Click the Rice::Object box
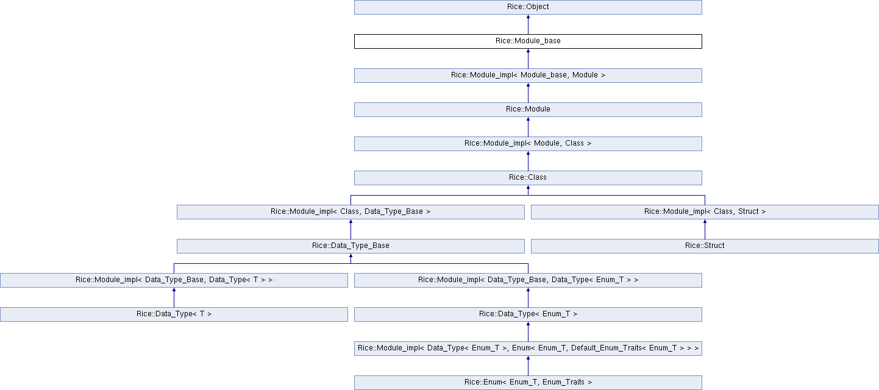(528, 7)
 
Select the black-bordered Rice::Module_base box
(528, 41)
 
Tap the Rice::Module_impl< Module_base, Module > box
(528, 76)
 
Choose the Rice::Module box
(528, 110)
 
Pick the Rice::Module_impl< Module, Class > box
(528, 144)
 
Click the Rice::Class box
(528, 178)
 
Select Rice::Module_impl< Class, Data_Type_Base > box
(351, 212)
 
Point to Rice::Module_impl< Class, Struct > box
(705, 212)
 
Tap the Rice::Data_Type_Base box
(351, 246)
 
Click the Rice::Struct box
(705, 246)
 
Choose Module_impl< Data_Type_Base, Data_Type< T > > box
(174, 280)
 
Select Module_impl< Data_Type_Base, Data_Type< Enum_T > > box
(528, 280)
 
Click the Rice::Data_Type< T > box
(174, 314)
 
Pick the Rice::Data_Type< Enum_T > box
(528, 314)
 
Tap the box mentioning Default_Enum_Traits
(528, 349)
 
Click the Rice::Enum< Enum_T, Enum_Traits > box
(528, 383)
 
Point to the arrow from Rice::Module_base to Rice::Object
(528, 24)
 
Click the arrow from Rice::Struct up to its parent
(705, 229)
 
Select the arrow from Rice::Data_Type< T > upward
(174, 297)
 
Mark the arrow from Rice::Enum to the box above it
(528, 366)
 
